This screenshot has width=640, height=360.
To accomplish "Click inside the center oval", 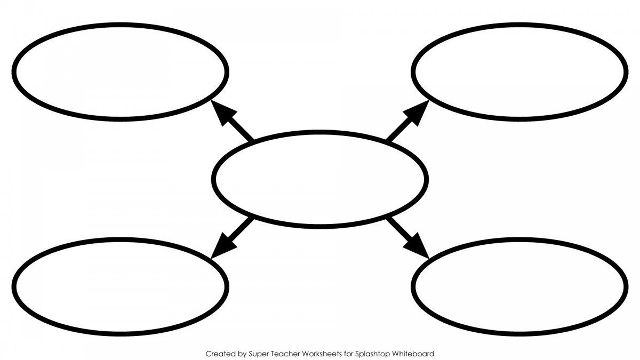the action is coord(319,179).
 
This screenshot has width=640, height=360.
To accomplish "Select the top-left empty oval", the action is coord(121,71).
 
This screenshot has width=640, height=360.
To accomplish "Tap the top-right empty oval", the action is coord(519,71).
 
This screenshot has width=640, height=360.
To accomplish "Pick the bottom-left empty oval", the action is coord(121,286).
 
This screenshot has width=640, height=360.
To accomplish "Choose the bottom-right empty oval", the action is coord(519,286).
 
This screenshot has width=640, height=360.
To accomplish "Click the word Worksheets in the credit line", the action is coord(322,354).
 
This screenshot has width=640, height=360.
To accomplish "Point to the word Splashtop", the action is coord(372,354).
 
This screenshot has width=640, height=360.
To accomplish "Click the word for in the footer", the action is coord(349,354).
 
